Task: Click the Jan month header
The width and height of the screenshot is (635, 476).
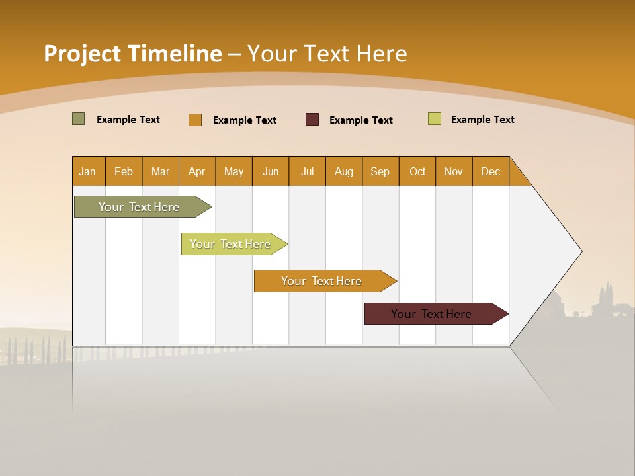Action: (88, 171)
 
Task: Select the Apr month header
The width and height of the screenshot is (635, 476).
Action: (197, 171)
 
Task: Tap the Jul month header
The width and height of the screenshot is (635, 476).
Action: (307, 171)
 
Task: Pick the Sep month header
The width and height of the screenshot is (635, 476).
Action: (380, 171)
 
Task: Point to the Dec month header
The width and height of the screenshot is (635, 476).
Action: (490, 171)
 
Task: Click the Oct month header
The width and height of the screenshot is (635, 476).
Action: (417, 171)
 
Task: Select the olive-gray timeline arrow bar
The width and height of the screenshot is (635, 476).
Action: (140, 207)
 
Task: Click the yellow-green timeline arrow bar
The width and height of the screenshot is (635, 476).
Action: (231, 244)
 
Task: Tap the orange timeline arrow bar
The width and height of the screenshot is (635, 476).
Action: (322, 281)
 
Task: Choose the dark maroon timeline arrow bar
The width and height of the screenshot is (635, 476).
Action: (432, 314)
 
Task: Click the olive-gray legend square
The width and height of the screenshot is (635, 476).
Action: (78, 119)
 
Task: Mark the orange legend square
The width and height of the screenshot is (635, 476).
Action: (194, 120)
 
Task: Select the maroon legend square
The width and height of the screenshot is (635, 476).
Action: (312, 120)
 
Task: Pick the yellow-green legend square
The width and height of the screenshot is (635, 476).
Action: (434, 119)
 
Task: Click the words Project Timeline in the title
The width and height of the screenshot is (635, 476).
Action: (132, 54)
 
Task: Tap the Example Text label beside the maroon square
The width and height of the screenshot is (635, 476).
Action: (360, 120)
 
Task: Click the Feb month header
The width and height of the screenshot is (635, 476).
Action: (124, 171)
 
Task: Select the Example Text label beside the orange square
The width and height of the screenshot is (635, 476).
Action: (244, 120)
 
